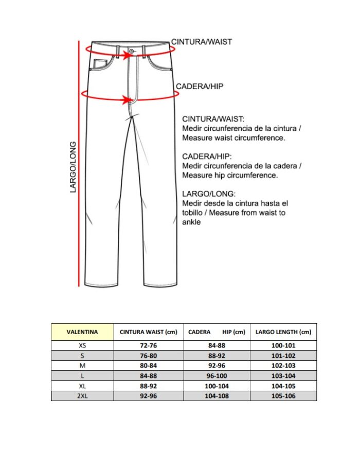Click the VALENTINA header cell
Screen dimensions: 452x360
click(x=82, y=332)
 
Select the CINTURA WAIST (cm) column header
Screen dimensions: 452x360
click(x=148, y=332)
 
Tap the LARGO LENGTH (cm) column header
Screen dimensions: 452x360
click(x=283, y=332)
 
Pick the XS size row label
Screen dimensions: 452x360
click(x=82, y=346)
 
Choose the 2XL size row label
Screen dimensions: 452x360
click(x=82, y=396)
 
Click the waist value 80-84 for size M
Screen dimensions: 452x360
click(x=148, y=366)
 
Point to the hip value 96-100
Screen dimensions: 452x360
click(x=217, y=376)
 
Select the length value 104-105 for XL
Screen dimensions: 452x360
click(x=283, y=386)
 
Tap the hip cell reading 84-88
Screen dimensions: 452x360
click(x=217, y=346)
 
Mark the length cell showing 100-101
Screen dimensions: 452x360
click(x=283, y=346)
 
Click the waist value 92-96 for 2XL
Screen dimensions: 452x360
click(x=148, y=396)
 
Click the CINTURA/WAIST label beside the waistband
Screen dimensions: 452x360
click(x=201, y=42)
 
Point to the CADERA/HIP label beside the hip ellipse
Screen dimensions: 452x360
click(x=200, y=86)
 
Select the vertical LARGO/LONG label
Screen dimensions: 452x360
click(x=73, y=167)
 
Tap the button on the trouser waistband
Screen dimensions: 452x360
click(x=132, y=51)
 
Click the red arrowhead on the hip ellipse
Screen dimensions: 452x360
click(x=128, y=100)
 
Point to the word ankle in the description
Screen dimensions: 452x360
click(x=191, y=222)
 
